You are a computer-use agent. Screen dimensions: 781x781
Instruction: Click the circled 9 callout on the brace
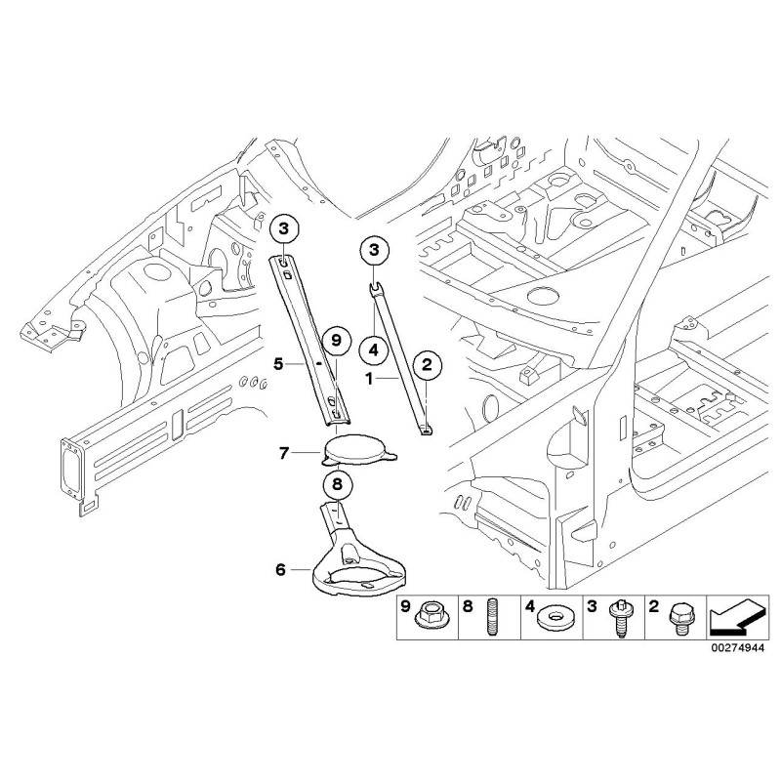[x=335, y=341]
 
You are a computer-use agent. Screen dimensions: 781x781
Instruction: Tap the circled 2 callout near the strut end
[x=427, y=366]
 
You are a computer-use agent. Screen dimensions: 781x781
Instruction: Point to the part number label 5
[x=278, y=363]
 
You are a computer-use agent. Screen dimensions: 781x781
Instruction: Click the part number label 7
[x=284, y=452]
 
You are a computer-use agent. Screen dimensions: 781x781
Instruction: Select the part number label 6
[x=280, y=567]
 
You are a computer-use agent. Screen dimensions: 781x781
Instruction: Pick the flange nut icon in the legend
[x=430, y=616]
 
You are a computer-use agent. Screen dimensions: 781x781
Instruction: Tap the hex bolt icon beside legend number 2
[x=678, y=616]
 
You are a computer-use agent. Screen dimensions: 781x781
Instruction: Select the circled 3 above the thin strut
[x=373, y=250]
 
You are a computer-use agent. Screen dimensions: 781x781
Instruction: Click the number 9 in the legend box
[x=406, y=606]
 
